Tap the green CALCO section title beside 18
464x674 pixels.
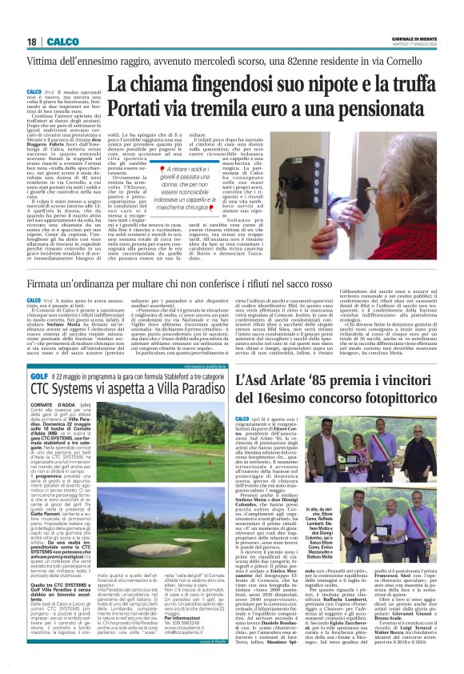(x=55, y=41)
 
